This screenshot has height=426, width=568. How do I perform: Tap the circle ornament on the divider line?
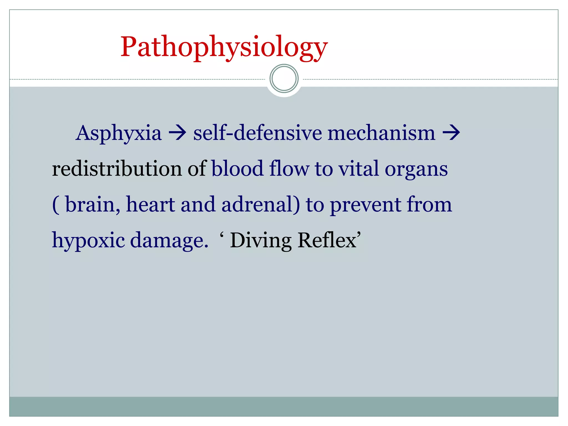[x=284, y=78]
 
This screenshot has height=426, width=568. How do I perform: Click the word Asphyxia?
[x=118, y=133]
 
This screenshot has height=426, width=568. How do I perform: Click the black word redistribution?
[x=117, y=168]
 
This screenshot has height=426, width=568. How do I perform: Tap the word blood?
[x=237, y=168]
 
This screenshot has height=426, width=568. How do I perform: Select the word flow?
[x=289, y=168]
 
